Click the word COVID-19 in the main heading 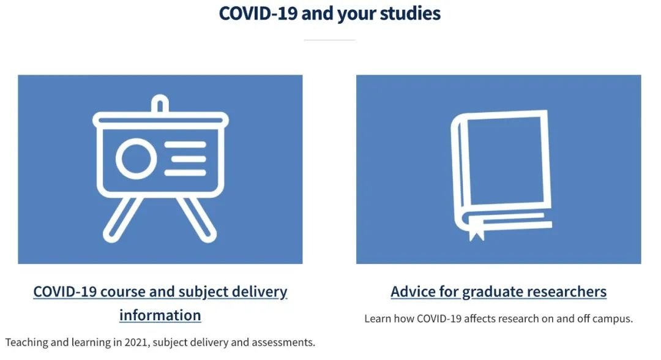pyautogui.click(x=258, y=13)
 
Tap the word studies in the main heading pyautogui.click(x=410, y=13)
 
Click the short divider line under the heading pyautogui.click(x=330, y=40)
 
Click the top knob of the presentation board pyautogui.click(x=160, y=103)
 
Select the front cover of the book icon pyautogui.click(x=508, y=160)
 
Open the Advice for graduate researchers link pyautogui.click(x=498, y=291)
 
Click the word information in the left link pyautogui.click(x=160, y=315)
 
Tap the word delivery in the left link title pyautogui.click(x=260, y=291)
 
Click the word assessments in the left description pyautogui.click(x=283, y=342)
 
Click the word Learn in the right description pyautogui.click(x=378, y=318)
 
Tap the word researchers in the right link pyautogui.click(x=567, y=291)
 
